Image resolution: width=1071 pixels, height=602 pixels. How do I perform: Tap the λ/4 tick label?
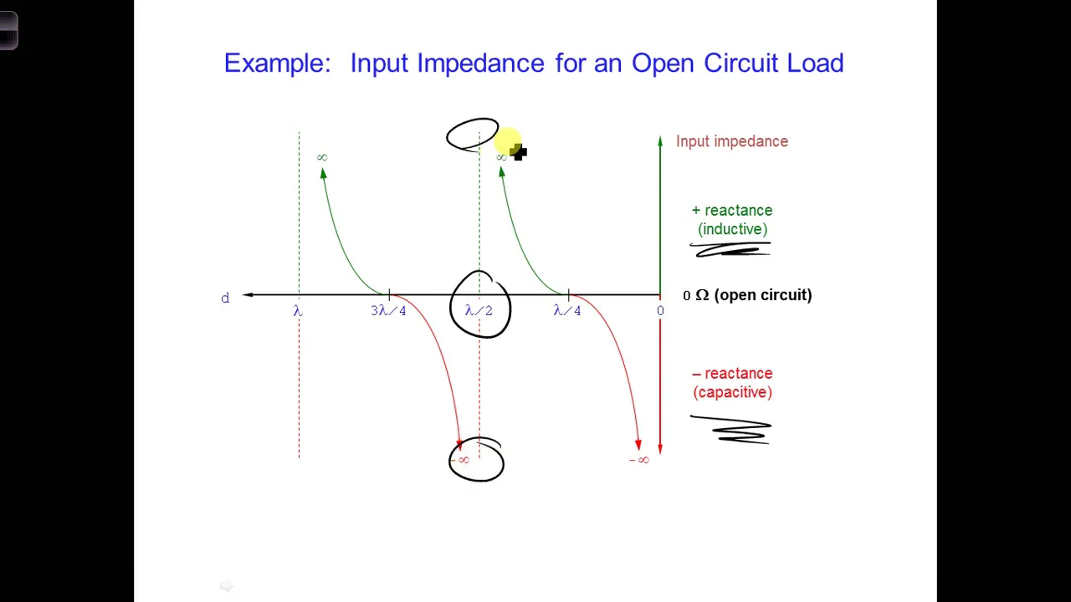(567, 311)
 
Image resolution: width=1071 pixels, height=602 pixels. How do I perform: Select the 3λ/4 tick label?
(388, 311)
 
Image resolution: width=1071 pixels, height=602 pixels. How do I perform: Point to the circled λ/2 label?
(479, 311)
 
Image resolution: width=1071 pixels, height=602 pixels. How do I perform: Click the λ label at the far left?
(298, 311)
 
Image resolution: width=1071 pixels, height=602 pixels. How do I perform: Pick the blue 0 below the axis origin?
(660, 311)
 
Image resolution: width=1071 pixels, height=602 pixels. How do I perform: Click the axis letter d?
(225, 298)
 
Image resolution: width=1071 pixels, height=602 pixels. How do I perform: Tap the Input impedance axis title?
(732, 141)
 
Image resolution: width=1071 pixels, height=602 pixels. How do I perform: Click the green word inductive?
(732, 229)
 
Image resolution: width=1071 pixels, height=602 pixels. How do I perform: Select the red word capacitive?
(732, 392)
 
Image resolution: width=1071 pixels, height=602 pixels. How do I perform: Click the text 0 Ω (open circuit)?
(747, 295)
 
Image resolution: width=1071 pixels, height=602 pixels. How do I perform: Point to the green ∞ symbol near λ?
(322, 157)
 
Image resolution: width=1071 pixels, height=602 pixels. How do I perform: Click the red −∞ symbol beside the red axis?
(639, 460)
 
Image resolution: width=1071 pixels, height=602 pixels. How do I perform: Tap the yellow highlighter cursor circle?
(507, 140)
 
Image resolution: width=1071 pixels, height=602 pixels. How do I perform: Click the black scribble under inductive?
(730, 249)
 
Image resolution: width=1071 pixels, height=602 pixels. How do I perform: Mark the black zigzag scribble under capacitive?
(731, 430)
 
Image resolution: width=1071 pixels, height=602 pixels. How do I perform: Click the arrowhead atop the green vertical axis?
(660, 140)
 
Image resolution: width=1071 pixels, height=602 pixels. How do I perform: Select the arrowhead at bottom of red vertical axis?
(660, 449)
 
